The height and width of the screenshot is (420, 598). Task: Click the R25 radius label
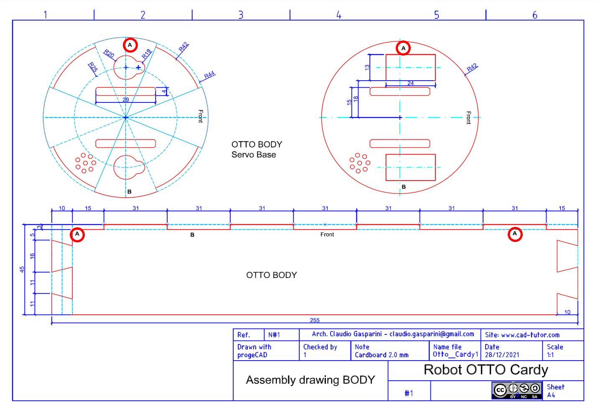click(x=92, y=67)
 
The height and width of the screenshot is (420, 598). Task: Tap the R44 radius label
click(x=209, y=75)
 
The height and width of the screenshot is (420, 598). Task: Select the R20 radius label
click(x=109, y=53)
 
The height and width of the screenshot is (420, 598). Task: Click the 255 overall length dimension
click(x=315, y=320)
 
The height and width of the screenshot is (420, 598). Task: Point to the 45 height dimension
click(x=23, y=269)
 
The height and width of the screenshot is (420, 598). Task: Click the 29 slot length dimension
click(x=125, y=100)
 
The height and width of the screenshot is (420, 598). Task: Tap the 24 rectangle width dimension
click(x=410, y=84)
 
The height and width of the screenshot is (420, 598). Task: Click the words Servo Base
click(x=254, y=155)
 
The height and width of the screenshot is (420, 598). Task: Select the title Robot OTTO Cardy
click(x=486, y=370)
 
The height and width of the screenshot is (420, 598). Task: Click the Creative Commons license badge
click(x=517, y=390)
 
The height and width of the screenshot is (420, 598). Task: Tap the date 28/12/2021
click(x=502, y=355)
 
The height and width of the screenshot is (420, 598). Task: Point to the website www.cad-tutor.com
click(x=530, y=335)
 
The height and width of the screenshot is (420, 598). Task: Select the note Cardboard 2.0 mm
click(x=382, y=355)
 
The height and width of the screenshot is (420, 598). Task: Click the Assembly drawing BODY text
click(x=310, y=380)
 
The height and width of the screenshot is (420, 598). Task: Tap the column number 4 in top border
click(x=338, y=15)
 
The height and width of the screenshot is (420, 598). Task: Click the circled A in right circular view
click(x=403, y=48)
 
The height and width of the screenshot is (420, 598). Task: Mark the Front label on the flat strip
click(x=327, y=234)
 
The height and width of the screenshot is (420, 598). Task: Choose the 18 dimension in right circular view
click(x=356, y=99)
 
